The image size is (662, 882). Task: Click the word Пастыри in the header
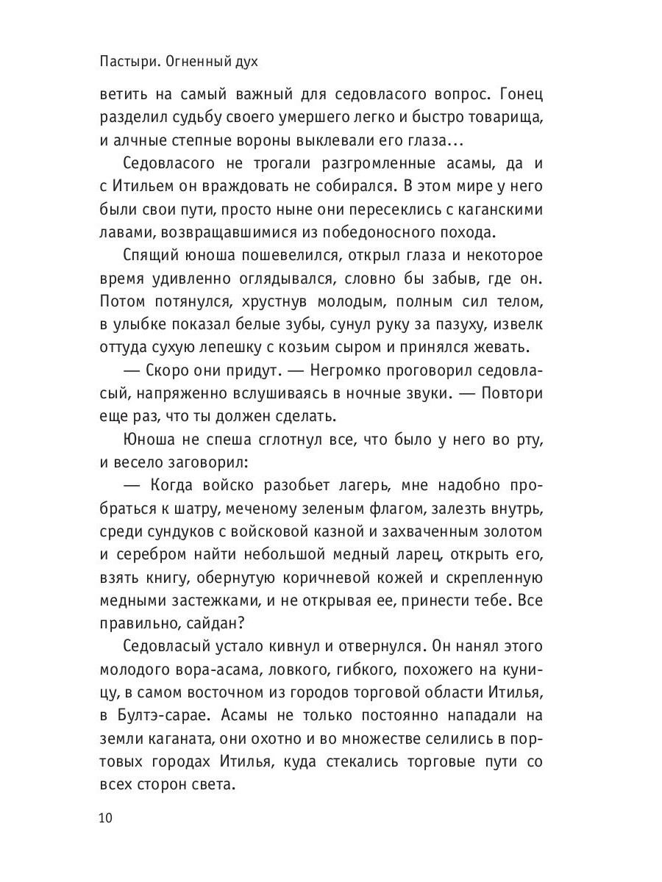pyautogui.click(x=126, y=64)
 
